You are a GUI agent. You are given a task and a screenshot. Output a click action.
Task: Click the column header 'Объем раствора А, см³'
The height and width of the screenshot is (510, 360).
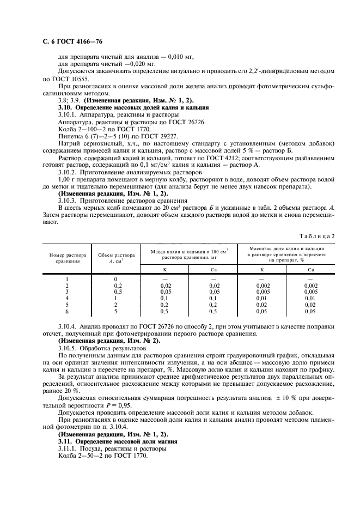[x=115, y=258]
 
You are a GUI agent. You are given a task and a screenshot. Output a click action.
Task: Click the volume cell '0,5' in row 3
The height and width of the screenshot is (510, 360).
[x=115, y=292]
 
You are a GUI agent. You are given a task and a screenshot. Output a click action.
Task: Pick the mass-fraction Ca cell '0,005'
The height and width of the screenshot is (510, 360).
[x=310, y=292]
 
